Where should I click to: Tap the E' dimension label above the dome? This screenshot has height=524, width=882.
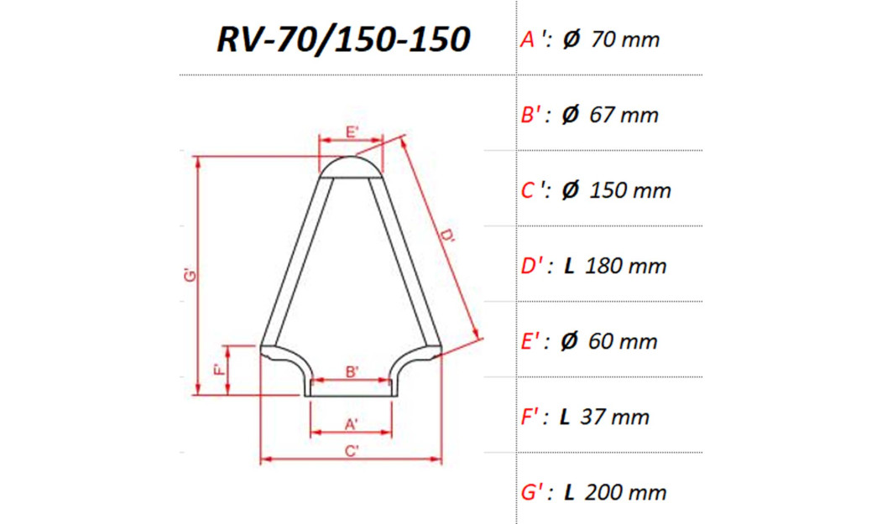352,132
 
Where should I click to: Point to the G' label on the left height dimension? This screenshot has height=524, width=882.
190,274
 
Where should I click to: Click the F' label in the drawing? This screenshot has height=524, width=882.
217,370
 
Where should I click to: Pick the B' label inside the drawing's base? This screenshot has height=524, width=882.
352,371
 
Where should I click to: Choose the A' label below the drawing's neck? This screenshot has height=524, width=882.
352,424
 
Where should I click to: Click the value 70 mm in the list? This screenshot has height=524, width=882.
625,39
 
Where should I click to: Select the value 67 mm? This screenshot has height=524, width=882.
624,115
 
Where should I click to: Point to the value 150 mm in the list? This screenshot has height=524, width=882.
630,190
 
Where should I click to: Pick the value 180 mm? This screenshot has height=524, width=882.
625,267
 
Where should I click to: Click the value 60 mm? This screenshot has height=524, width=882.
624,342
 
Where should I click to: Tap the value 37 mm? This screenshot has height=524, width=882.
617,417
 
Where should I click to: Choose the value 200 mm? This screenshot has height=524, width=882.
625,492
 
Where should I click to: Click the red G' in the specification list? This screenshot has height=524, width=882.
533,492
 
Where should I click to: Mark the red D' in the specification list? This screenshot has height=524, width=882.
534,267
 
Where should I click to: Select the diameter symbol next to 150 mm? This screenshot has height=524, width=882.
571,190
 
